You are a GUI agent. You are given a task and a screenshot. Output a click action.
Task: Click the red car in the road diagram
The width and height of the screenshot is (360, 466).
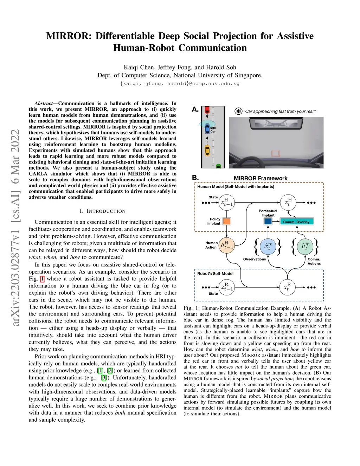(x=207, y=109)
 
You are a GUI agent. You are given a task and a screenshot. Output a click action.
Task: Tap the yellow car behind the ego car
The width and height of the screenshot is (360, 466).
(x=207, y=151)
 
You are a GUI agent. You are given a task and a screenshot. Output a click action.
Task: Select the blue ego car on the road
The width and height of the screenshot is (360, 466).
(x=207, y=129)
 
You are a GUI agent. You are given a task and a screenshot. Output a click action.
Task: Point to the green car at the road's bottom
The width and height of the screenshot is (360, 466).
(x=218, y=166)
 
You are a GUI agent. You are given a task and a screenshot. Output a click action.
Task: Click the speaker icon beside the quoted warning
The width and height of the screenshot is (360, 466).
(x=238, y=111)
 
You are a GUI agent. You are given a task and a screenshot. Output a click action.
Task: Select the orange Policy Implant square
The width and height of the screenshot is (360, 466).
(x=227, y=221)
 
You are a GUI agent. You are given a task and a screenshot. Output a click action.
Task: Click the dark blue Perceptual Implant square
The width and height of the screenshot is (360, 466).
(x=268, y=222)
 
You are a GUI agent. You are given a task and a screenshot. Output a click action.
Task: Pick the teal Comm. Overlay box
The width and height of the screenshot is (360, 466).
(x=296, y=222)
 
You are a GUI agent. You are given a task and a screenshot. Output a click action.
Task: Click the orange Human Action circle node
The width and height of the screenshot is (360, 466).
(x=227, y=245)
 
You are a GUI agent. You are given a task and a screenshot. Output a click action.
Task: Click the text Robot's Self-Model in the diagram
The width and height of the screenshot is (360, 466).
(x=215, y=273)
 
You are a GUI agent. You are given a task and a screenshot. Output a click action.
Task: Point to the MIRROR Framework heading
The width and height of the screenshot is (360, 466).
(x=261, y=178)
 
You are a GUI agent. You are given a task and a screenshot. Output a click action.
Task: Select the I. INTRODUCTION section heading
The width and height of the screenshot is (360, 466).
(x=102, y=211)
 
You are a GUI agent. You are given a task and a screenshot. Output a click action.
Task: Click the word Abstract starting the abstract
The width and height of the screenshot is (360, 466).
(x=44, y=103)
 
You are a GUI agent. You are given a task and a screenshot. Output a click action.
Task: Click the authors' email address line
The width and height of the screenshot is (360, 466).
(x=180, y=84)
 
